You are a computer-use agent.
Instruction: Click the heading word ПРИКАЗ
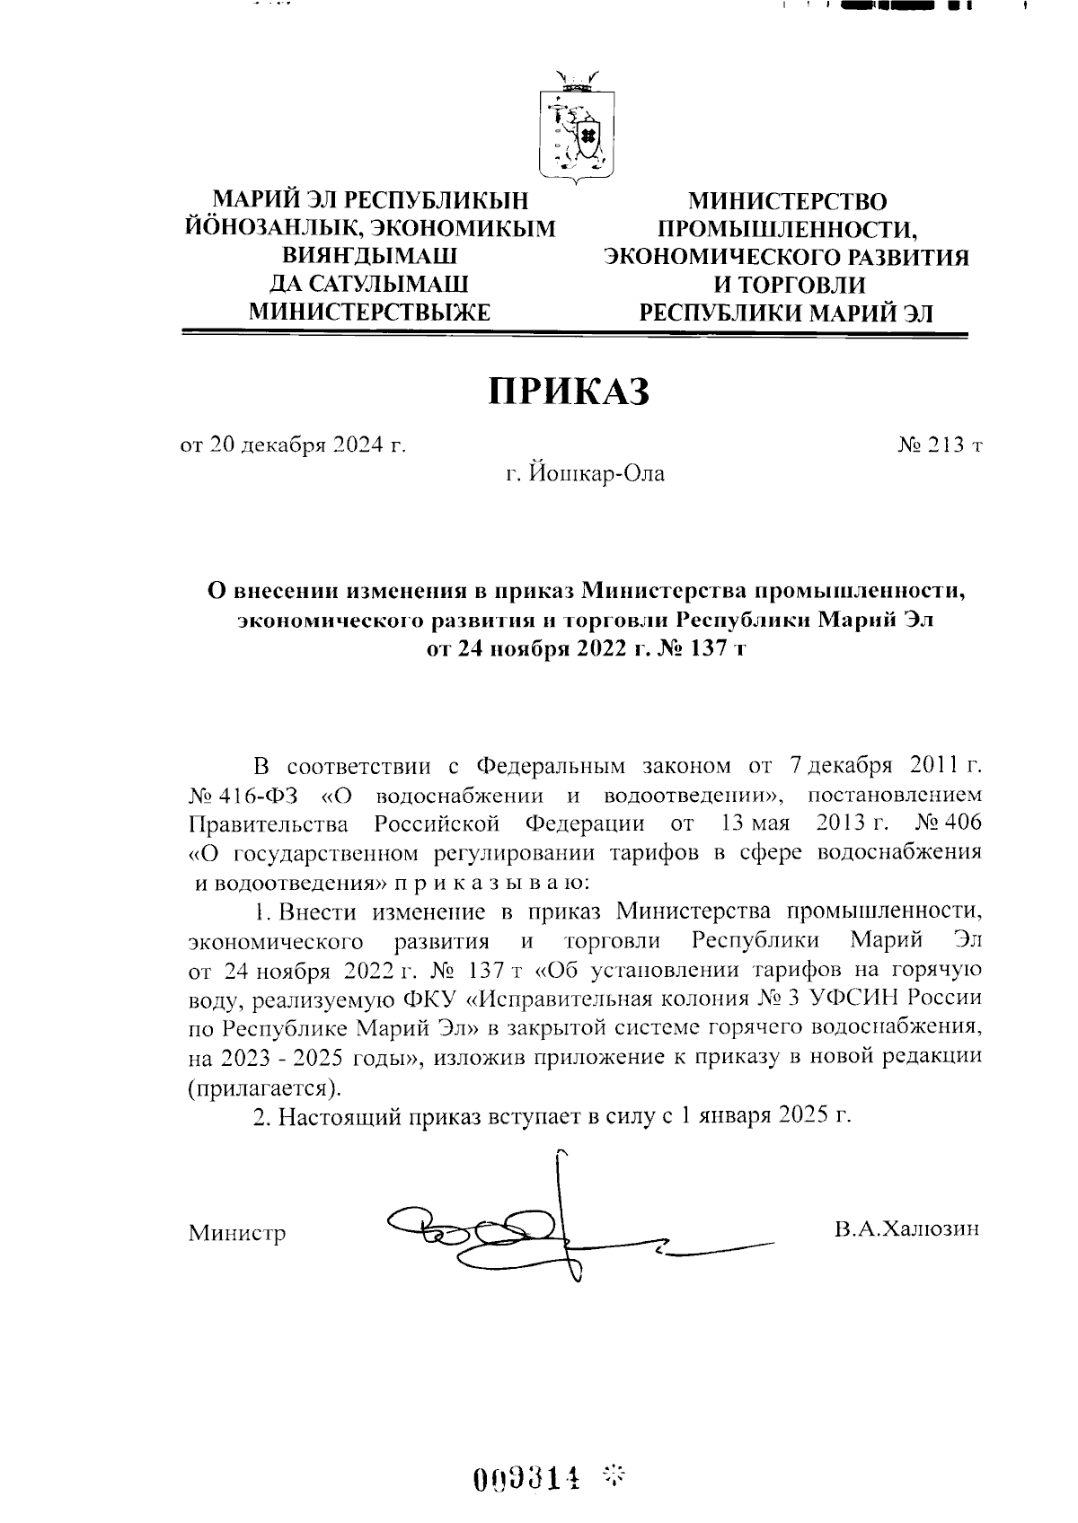568,392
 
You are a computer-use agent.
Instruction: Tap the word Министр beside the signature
237,1233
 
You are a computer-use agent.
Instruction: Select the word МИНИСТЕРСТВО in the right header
787,202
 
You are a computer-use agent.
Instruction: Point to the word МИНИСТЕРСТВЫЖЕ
370,313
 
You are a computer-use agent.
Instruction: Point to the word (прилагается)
264,1087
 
